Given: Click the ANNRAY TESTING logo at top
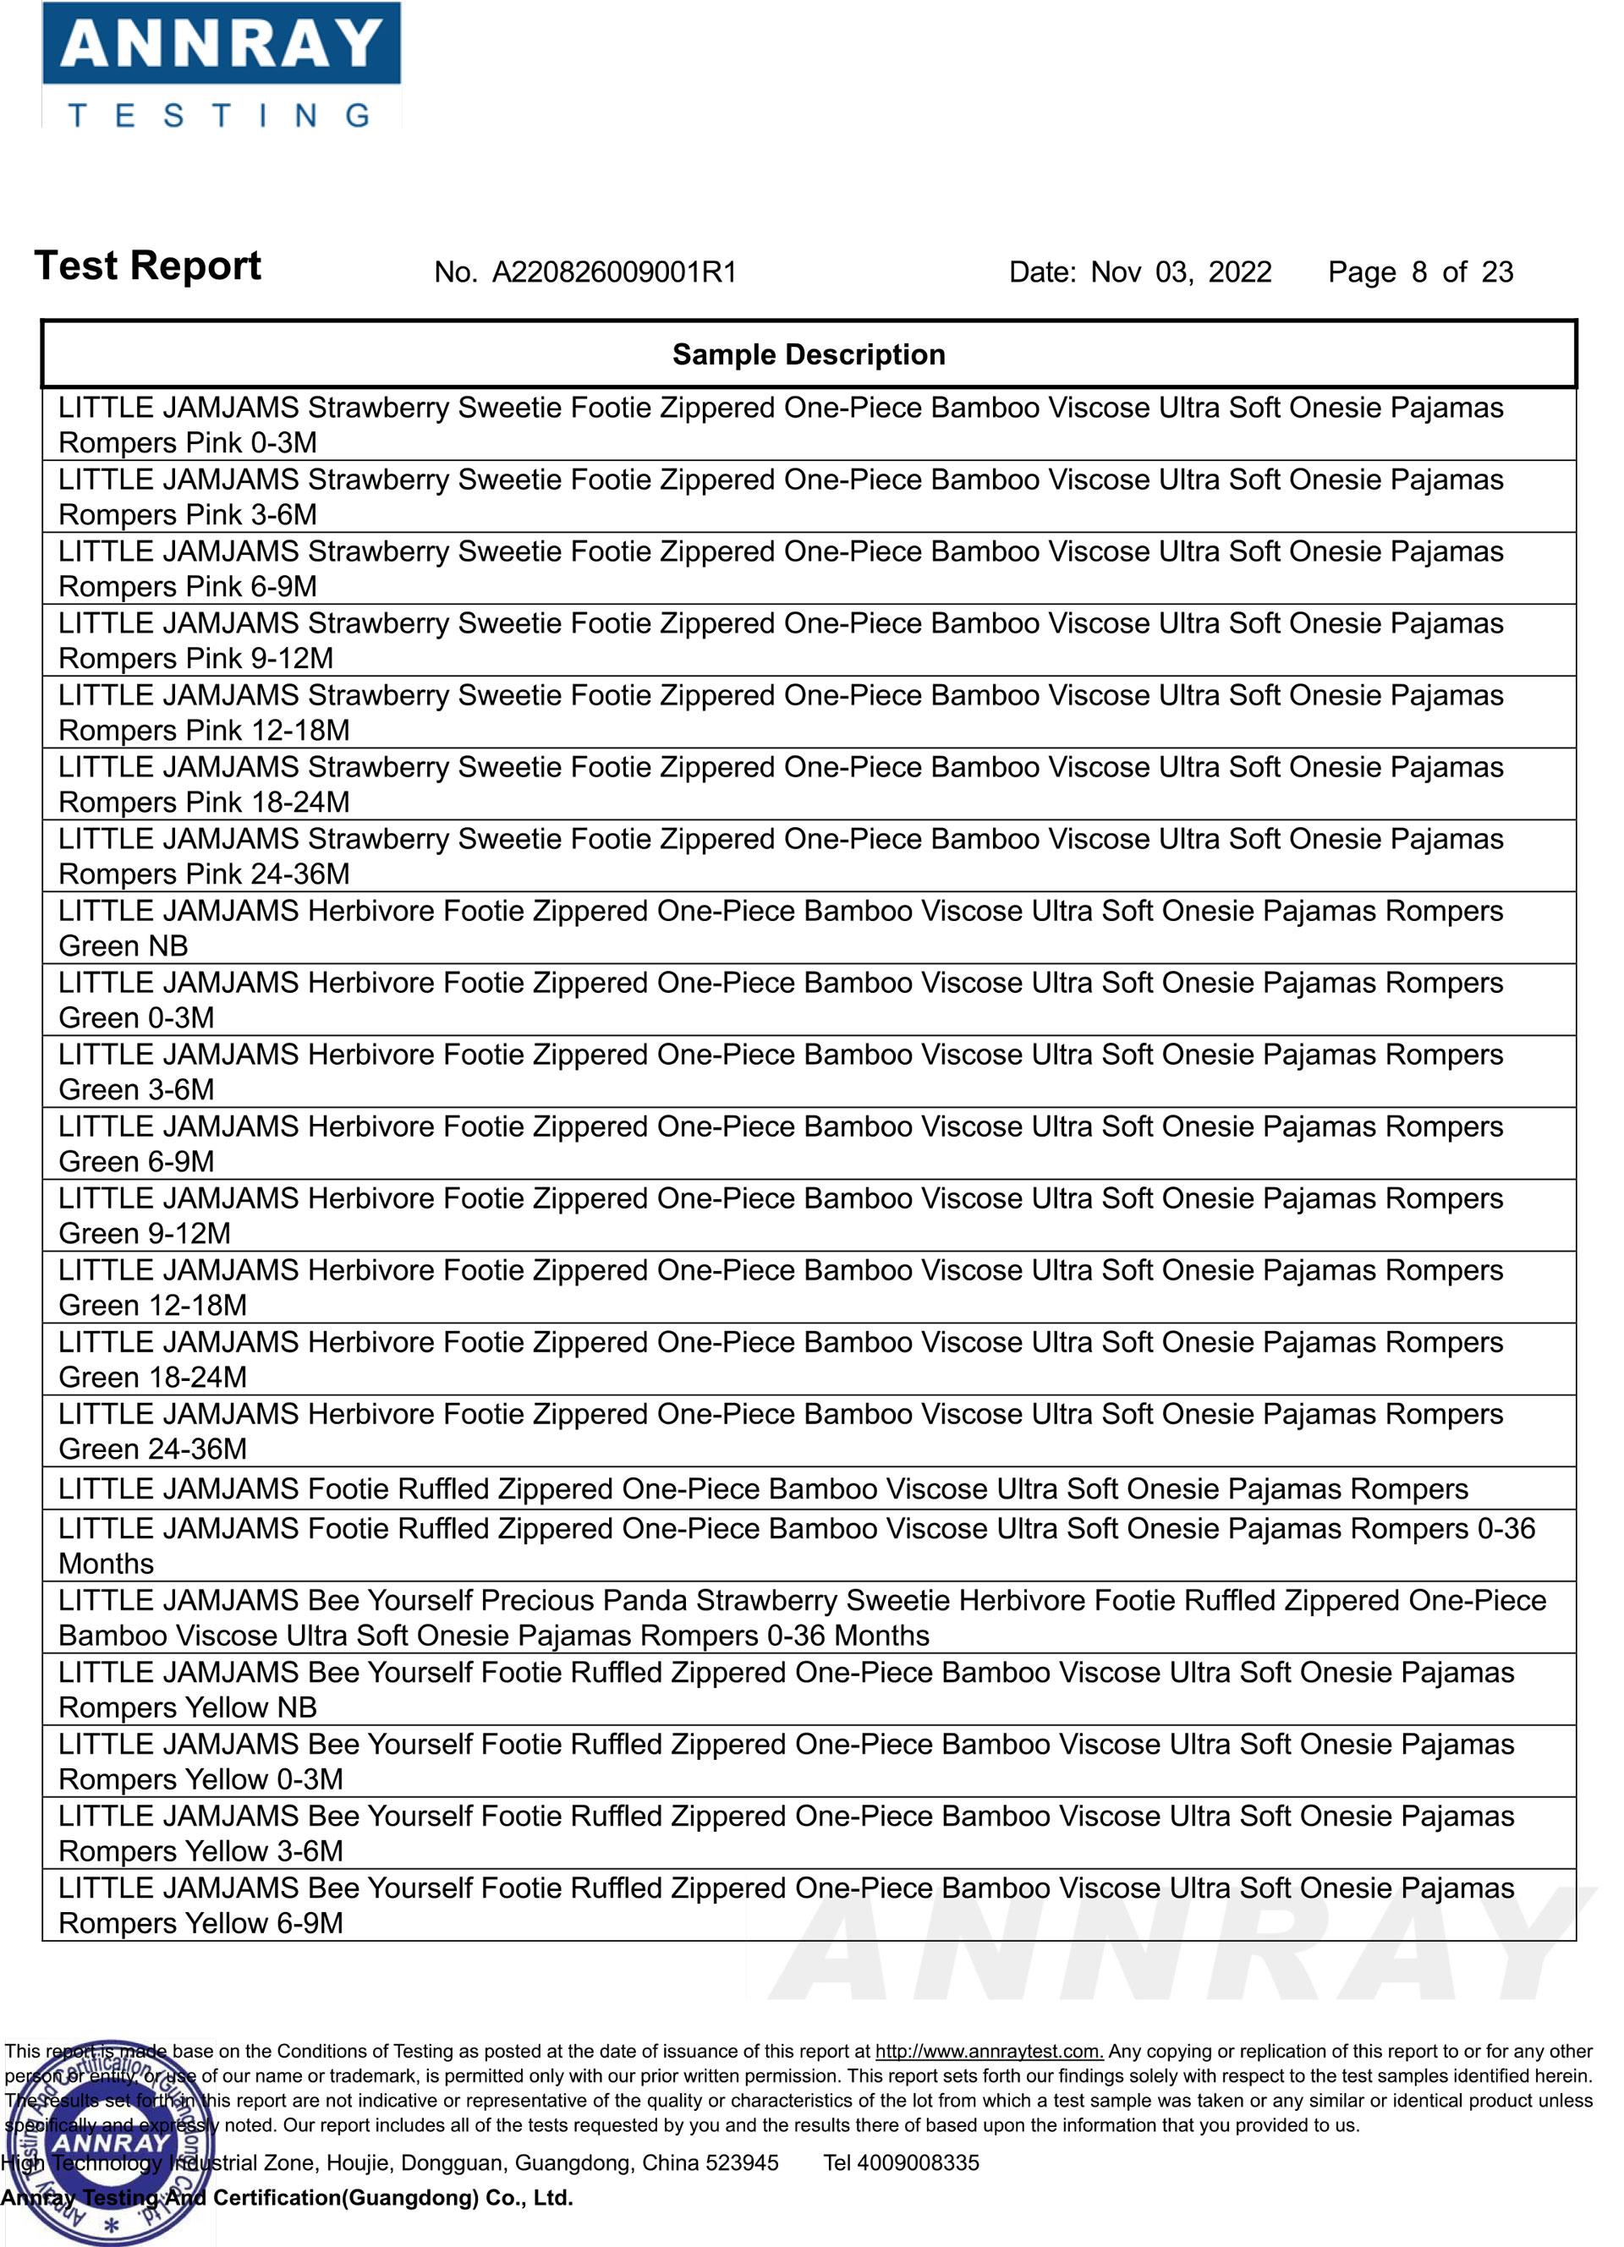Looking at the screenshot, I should pos(220,65).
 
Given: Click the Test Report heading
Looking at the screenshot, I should pos(148,266).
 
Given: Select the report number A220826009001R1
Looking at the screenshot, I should pos(614,272).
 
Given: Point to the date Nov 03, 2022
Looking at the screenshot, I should pos(1180,272).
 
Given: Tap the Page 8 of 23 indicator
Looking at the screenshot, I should pos(1420,272).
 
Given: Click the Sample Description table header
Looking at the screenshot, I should pos(809,354).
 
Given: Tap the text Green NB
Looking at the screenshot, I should pos(123,946).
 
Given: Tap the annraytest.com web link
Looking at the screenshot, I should pos(988,2052).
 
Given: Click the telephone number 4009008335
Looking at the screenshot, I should pos(918,2162).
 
